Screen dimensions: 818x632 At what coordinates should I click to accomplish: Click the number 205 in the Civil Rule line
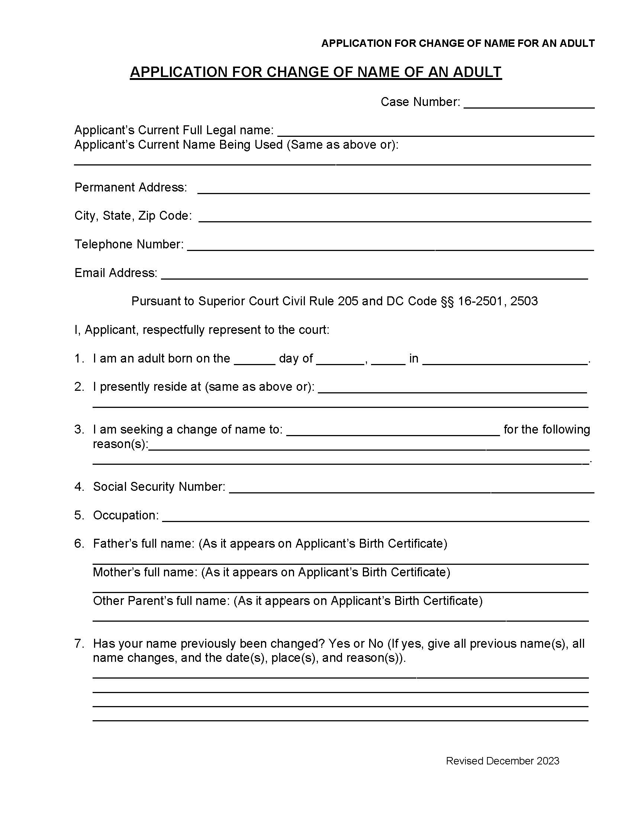click(x=348, y=301)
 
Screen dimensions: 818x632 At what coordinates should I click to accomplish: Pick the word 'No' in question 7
click(x=375, y=644)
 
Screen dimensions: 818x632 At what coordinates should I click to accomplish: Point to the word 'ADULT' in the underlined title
click(x=477, y=72)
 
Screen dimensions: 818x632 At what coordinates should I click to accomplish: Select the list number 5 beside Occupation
click(x=79, y=515)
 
